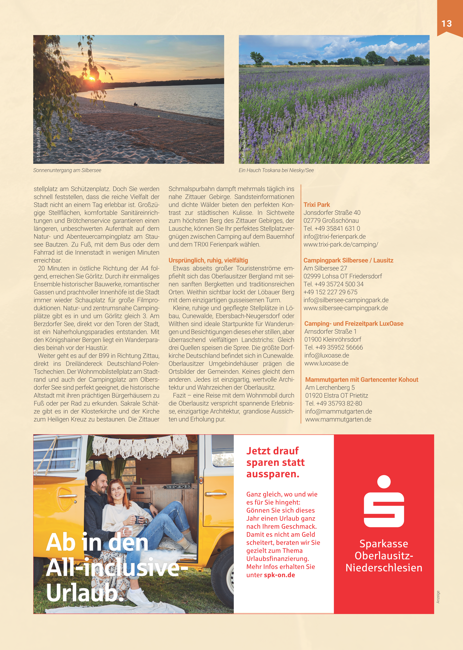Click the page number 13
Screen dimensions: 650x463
(446, 23)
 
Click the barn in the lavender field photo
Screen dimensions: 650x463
(391, 61)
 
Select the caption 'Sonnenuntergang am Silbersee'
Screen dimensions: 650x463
(67, 170)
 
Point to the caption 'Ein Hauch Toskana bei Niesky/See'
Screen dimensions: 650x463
(276, 170)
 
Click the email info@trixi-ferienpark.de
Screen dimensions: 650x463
(334, 236)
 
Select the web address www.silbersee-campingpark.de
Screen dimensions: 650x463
(346, 308)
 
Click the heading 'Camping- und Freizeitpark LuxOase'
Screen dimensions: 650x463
(354, 323)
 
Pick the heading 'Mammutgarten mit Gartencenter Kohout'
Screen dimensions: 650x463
(362, 380)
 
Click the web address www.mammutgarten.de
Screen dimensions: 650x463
(338, 419)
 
